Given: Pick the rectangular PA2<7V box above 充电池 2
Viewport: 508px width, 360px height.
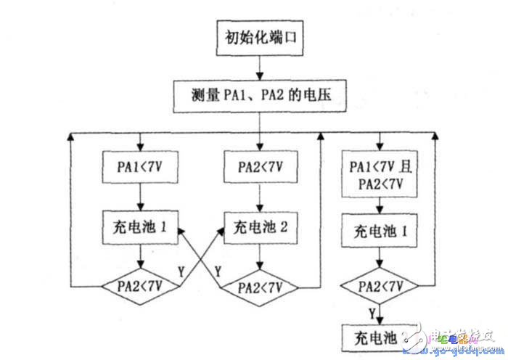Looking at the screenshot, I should coord(259,165).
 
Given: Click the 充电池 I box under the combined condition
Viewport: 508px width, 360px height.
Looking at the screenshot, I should coord(377,234).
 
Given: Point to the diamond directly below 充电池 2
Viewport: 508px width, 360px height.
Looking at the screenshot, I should coord(259,285).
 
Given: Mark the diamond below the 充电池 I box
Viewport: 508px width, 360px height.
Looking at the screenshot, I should coord(377,285).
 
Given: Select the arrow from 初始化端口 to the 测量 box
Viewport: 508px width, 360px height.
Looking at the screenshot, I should coord(259,67).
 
